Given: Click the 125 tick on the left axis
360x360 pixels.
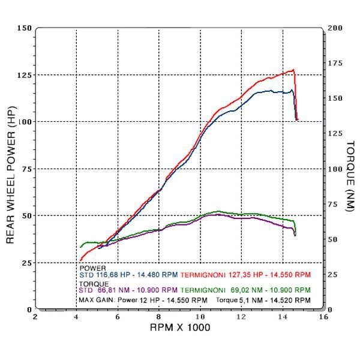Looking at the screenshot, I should pyautogui.click(x=24, y=75).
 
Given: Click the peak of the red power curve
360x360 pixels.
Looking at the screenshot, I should pyautogui.click(x=293, y=70).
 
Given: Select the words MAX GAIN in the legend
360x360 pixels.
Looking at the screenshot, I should pyautogui.click(x=96, y=299).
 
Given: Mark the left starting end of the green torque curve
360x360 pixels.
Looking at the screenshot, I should pyautogui.click(x=80, y=247).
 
